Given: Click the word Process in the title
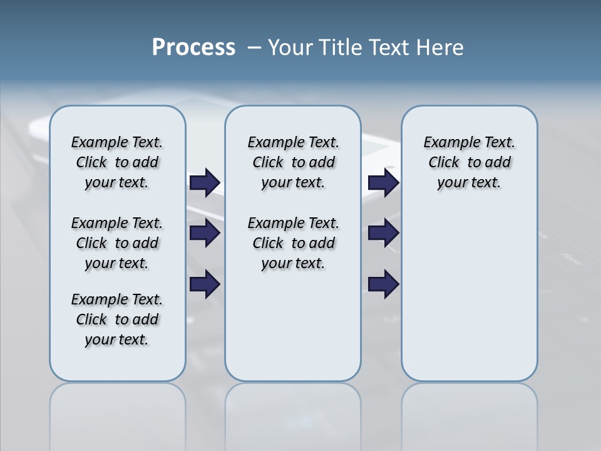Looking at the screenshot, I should [x=193, y=47].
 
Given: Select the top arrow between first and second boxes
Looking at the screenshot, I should [x=205, y=182].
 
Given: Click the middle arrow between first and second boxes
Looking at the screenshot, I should [x=205, y=234].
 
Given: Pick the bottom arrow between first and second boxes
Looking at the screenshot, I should [x=205, y=284].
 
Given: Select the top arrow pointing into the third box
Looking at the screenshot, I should [x=383, y=182].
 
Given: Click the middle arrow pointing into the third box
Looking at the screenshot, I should [x=383, y=234].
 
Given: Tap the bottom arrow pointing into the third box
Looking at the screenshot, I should [x=383, y=284].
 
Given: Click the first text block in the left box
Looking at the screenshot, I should [x=117, y=162].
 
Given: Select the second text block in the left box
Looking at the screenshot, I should [x=117, y=243].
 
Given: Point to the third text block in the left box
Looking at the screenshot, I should [x=117, y=319].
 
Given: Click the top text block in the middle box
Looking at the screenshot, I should [x=293, y=162].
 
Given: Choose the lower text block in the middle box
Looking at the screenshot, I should [x=293, y=243].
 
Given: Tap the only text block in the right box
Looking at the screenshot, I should [x=469, y=162].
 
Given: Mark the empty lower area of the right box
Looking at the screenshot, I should [x=469, y=301].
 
